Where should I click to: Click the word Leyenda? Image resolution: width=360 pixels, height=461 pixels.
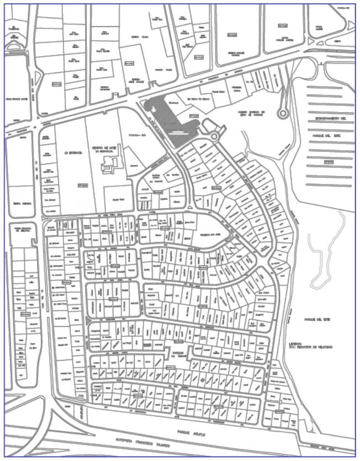(296, 342)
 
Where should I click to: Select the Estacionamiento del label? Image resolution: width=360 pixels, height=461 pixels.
(330, 119)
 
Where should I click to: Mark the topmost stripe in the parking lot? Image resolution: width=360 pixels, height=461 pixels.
(330, 88)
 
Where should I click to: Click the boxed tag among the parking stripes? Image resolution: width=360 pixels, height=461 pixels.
(329, 162)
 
